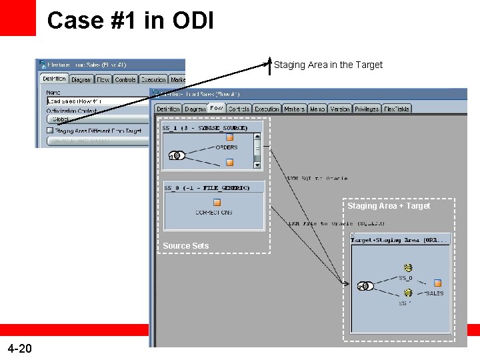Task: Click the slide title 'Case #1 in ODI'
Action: pyautogui.click(x=131, y=20)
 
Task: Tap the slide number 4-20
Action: pyautogui.click(x=19, y=348)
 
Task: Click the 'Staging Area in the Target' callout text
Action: pyautogui.click(x=328, y=65)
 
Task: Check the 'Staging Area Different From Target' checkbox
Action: pyautogui.click(x=50, y=131)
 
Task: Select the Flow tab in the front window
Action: pyautogui.click(x=216, y=109)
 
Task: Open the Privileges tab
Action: pyautogui.click(x=367, y=109)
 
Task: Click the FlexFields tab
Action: pyautogui.click(x=397, y=109)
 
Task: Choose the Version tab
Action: pyautogui.click(x=339, y=109)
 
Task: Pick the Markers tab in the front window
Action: pyautogui.click(x=294, y=109)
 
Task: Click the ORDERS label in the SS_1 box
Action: pyautogui.click(x=227, y=147)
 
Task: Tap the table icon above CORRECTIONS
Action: pyautogui.click(x=217, y=202)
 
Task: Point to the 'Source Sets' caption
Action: pyautogui.click(x=185, y=246)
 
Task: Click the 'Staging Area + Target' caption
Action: pyautogui.click(x=389, y=206)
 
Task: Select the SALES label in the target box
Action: pyautogui.click(x=435, y=293)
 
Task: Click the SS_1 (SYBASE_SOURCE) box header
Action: pyautogui.click(x=206, y=127)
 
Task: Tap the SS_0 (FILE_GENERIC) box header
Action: pyautogui.click(x=207, y=188)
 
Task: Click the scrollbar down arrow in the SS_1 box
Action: pyautogui.click(x=258, y=164)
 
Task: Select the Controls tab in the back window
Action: pyautogui.click(x=125, y=79)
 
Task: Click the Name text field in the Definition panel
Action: pyautogui.click(x=100, y=101)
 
